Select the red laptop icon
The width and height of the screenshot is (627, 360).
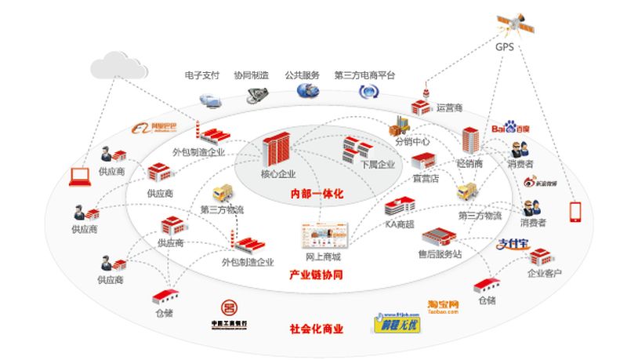(78, 176)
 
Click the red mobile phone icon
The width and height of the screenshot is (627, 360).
(575, 213)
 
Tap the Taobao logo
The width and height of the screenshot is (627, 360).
(443, 306)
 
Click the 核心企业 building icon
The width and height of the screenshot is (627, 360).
(277, 148)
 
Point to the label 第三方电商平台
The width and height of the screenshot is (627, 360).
(364, 76)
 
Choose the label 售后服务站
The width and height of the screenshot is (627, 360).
(439, 254)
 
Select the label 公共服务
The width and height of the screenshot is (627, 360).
(303, 76)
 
